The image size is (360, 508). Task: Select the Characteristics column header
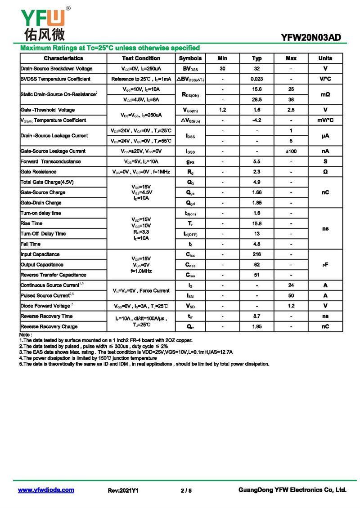click(x=63, y=58)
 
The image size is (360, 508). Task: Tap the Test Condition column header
click(x=141, y=58)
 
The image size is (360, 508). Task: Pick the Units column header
click(x=325, y=58)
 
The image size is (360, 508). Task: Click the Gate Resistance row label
click(x=39, y=172)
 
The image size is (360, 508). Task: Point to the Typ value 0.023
click(x=256, y=79)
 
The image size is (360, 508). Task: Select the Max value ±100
click(x=291, y=151)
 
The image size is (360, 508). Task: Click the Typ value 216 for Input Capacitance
click(x=256, y=254)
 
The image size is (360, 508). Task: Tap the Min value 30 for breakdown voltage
click(x=222, y=69)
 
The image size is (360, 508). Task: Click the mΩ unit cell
click(x=325, y=95)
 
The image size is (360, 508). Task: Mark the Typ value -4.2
click(x=256, y=120)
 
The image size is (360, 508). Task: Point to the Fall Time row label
click(x=31, y=244)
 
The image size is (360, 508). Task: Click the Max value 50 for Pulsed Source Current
click(x=291, y=296)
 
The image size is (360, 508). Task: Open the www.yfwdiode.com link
click(x=46, y=490)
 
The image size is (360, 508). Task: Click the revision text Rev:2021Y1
click(x=123, y=490)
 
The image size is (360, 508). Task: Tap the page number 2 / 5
click(x=186, y=490)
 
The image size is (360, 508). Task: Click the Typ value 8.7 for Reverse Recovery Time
click(x=256, y=316)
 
